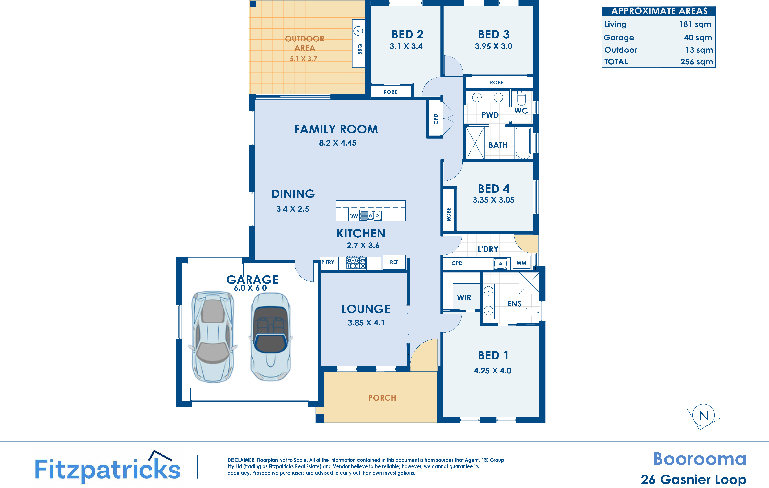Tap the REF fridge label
394,262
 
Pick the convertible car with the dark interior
271,337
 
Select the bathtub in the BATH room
523,143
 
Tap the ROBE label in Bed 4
449,214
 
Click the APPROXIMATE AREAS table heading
659,11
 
